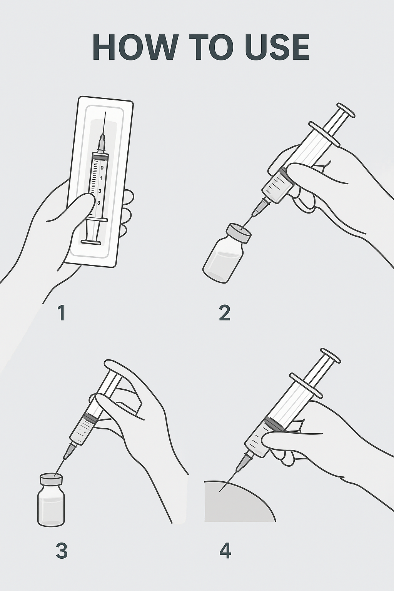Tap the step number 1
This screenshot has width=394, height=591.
pyautogui.click(x=61, y=313)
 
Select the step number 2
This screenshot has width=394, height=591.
pyautogui.click(x=224, y=313)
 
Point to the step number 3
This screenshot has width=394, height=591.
pyautogui.click(x=62, y=551)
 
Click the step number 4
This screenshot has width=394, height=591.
pyautogui.click(x=225, y=551)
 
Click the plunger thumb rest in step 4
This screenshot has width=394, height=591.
pyautogui.click(x=331, y=356)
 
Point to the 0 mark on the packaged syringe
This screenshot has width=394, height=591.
pyautogui.click(x=102, y=168)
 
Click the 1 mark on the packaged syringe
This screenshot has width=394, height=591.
pyautogui.click(x=101, y=179)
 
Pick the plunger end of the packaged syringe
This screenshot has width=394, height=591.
pyautogui.click(x=91, y=242)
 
